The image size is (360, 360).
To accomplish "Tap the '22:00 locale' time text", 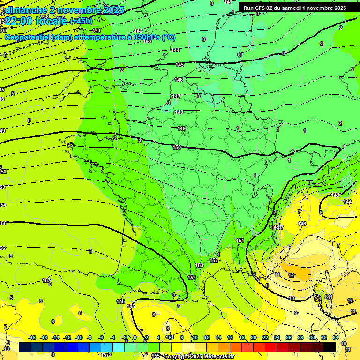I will point(36,21).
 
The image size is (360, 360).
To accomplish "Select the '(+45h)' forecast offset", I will point(81,21).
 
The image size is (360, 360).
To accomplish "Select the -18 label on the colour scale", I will point(32,337).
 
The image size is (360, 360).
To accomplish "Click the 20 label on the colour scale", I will point(254,337).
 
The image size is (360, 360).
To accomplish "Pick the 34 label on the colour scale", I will point(336,337).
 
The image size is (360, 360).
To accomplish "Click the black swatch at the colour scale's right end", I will point(330,347).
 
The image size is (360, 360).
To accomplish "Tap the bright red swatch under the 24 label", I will point(277,347).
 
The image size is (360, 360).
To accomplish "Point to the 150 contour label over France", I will point(177,147).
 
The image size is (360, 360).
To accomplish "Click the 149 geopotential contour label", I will point(182,128).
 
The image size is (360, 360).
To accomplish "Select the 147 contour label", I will point(176,96).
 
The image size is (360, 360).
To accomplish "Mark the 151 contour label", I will point(240,240).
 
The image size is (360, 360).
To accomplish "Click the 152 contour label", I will point(214,260).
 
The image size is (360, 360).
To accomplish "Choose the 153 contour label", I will point(199,266).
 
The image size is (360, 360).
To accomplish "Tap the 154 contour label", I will point(192,277).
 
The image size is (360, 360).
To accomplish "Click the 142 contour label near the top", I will point(138,31).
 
